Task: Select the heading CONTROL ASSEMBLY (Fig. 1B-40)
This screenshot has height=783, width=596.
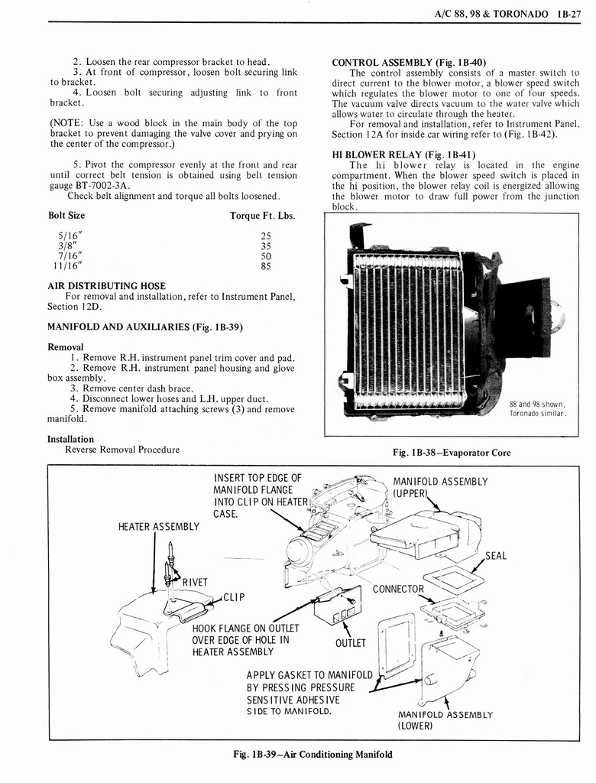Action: point(409,62)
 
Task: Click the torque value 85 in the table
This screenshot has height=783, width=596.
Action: point(266,268)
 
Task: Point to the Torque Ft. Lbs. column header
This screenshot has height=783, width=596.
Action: point(262,216)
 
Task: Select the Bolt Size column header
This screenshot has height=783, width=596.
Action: point(66,216)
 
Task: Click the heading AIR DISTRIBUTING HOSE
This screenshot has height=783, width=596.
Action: point(106,286)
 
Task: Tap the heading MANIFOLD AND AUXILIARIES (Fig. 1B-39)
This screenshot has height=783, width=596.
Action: point(145,327)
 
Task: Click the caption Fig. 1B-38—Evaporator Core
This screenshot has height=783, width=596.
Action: point(451,453)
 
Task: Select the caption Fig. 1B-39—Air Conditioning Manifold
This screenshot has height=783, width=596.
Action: point(313,754)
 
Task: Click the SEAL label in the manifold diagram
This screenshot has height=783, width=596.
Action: point(495,556)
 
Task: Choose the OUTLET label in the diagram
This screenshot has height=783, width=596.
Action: point(351,643)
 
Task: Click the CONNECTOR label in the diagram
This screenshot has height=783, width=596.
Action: point(397,589)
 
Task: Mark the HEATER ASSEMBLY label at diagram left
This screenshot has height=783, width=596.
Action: point(158,526)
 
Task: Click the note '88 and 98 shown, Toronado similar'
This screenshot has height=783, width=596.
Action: point(537,408)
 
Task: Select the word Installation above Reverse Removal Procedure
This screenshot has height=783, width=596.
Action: point(70,439)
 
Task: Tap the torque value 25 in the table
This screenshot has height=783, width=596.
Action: point(266,236)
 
